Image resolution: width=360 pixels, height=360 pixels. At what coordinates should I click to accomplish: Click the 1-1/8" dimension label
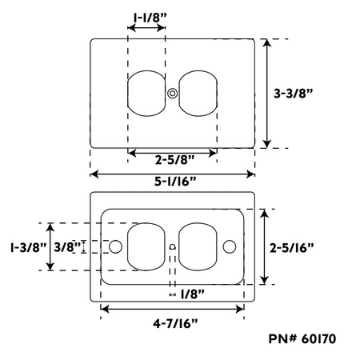[x=150, y=18]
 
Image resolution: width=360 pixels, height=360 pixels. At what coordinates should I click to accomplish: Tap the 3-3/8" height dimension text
[x=293, y=94]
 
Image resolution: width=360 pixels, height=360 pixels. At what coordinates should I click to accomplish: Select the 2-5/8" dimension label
[x=175, y=160]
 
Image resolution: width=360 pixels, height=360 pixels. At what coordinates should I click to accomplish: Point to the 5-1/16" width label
[x=175, y=182]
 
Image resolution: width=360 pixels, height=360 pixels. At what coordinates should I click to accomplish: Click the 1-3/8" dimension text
[x=29, y=247]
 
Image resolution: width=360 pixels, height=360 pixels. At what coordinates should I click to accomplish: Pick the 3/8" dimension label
[x=67, y=247]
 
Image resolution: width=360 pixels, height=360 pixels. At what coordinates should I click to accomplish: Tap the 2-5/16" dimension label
[x=292, y=248]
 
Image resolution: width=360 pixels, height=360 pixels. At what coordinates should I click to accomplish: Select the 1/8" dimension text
[x=193, y=294]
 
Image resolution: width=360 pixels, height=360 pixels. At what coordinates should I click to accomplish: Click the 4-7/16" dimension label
[x=175, y=324]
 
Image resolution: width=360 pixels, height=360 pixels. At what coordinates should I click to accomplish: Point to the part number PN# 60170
[x=302, y=339]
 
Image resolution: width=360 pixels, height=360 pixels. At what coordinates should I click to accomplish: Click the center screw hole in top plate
[x=172, y=94]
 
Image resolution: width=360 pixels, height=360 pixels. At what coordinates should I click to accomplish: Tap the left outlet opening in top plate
[x=146, y=94]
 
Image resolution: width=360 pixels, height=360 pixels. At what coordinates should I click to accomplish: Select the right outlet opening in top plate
[x=198, y=94]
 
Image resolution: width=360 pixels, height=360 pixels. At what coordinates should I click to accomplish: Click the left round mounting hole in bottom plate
[x=116, y=246]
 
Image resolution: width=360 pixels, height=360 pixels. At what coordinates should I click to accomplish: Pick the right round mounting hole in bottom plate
[x=230, y=246]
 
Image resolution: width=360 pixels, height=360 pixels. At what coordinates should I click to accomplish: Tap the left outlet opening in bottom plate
[x=146, y=246]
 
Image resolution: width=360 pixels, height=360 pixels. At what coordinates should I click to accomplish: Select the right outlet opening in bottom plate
[x=198, y=246]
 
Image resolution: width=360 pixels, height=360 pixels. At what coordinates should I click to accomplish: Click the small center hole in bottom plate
[x=173, y=247]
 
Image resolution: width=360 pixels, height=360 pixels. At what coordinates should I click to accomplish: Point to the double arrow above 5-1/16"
[x=172, y=174]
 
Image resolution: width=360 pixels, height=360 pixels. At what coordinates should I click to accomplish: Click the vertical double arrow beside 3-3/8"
[x=267, y=94]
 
